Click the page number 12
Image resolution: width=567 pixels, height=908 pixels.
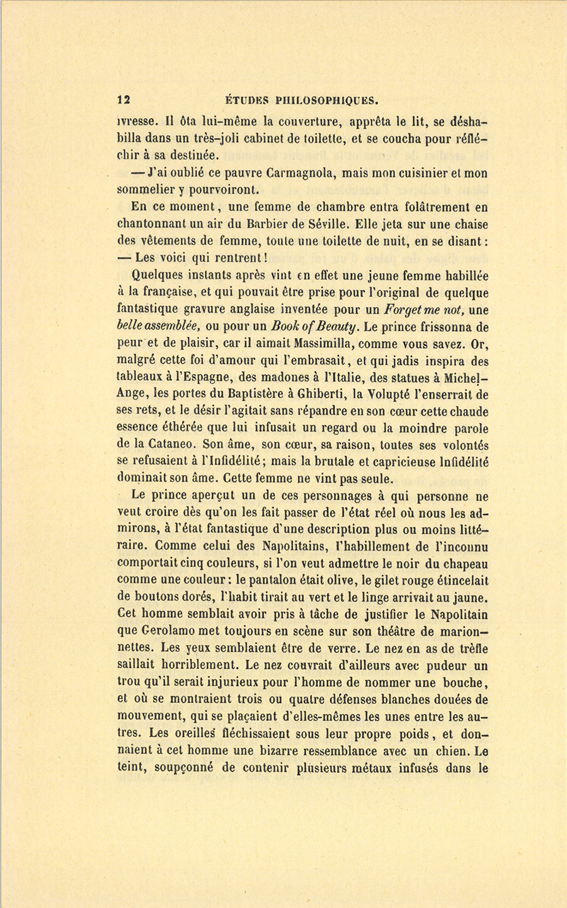[x=123, y=99]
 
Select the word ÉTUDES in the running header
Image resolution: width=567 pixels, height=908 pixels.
[x=247, y=99]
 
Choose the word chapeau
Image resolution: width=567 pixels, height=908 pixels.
[x=463, y=564]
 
